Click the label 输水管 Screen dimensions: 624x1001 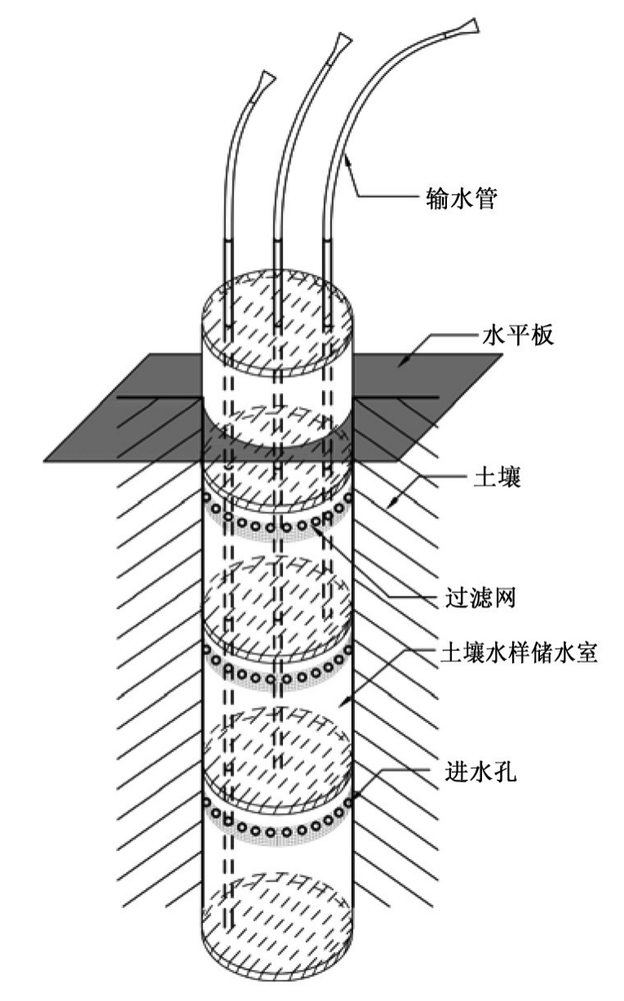(x=462, y=198)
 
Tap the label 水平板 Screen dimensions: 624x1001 (x=518, y=334)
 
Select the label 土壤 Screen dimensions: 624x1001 (x=497, y=478)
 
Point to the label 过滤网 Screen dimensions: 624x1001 (x=481, y=597)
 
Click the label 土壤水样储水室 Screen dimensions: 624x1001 (x=519, y=653)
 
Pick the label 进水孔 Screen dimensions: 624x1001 (x=481, y=772)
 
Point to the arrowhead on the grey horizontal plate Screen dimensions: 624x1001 (x=403, y=362)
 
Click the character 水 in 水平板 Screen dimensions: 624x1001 (x=494, y=334)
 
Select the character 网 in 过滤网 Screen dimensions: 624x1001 (x=505, y=597)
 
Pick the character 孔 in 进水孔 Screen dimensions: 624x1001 (x=505, y=772)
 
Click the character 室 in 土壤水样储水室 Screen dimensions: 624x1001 (x=586, y=653)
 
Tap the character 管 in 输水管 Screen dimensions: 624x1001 (x=485, y=198)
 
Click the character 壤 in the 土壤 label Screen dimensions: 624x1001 (x=509, y=478)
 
